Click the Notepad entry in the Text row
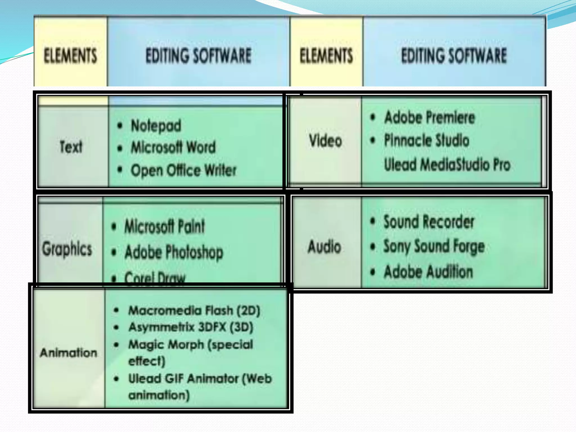point(156,126)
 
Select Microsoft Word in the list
point(173,147)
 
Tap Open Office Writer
point(183,170)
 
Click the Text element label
point(71,147)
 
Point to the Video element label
point(325,140)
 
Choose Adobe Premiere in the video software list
point(429,117)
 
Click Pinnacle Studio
point(427,140)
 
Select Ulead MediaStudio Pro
point(447,165)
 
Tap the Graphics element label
point(67,249)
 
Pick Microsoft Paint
point(165,226)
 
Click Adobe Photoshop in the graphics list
point(174,252)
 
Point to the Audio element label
point(324,247)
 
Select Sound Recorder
point(429,222)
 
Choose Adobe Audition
point(428,272)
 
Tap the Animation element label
point(69,352)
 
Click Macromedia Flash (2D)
point(194,310)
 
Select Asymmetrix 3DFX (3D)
point(191,327)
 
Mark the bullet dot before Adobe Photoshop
point(114,252)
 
